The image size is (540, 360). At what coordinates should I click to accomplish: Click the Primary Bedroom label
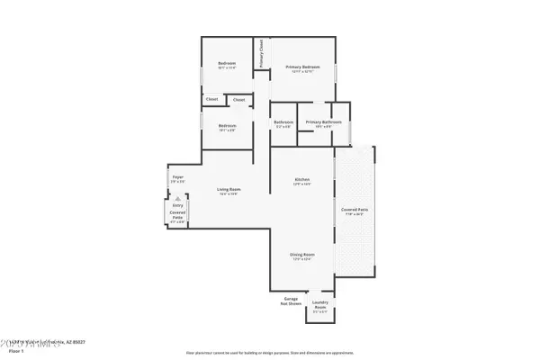(x=303, y=67)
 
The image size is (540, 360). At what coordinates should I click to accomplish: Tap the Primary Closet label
(x=261, y=55)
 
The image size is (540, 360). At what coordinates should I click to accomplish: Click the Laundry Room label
(x=320, y=308)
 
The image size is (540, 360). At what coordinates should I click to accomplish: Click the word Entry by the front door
(x=177, y=205)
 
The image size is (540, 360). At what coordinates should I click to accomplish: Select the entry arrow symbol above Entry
(x=177, y=197)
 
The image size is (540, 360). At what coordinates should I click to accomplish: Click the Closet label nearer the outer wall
(x=211, y=99)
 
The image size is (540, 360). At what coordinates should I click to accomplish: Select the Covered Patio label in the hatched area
(x=355, y=211)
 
